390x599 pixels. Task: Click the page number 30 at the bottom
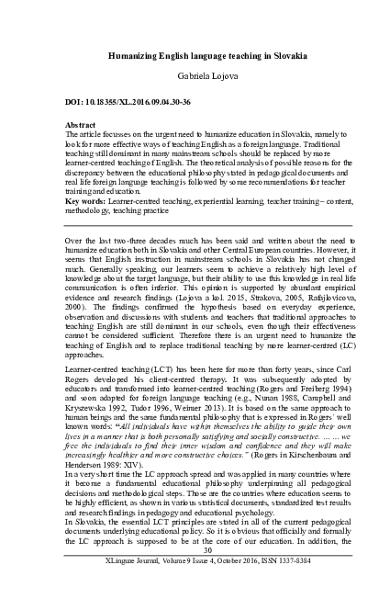(x=195, y=576)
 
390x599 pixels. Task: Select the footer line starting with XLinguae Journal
(x=195, y=585)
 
